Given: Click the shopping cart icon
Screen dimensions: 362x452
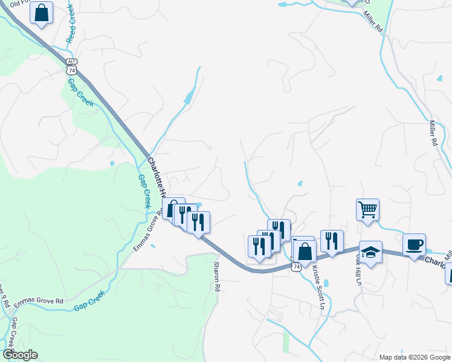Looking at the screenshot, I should [x=367, y=210].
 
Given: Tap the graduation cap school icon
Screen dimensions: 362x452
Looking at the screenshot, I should [x=370, y=252].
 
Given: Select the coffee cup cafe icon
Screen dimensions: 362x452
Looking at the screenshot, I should [x=414, y=244].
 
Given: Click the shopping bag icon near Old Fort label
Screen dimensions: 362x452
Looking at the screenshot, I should [x=41, y=13].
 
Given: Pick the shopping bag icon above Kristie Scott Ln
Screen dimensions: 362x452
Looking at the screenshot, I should [x=305, y=250].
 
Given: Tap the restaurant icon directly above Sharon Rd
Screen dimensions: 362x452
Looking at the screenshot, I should [x=198, y=222].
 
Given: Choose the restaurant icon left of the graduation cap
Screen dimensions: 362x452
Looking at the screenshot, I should [x=332, y=241].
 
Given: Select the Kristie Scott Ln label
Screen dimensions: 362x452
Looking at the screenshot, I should [x=318, y=288].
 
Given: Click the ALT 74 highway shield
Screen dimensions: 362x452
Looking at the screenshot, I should [x=71, y=66].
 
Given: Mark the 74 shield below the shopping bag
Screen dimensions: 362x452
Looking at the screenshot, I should [x=295, y=265].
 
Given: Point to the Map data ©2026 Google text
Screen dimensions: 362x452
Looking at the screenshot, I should [x=415, y=357].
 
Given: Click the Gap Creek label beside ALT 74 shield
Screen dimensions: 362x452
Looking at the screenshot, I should [x=80, y=94].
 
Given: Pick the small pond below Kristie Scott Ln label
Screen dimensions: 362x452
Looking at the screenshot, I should [x=326, y=282].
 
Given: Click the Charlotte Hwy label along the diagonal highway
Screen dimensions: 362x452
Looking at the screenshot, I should [x=155, y=178].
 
